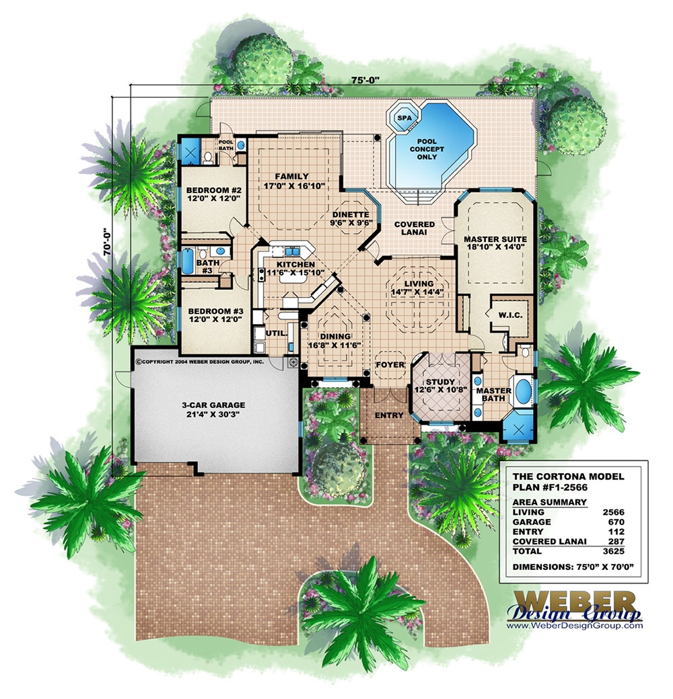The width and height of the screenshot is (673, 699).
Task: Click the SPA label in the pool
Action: pyautogui.click(x=404, y=118)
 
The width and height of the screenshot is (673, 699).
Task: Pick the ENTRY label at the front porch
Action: pyautogui.click(x=388, y=415)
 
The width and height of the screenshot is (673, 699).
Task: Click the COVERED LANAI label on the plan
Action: pyautogui.click(x=414, y=229)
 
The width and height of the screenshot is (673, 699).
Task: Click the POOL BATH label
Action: pyautogui.click(x=225, y=146)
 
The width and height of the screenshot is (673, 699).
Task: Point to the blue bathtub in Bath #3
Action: pyautogui.click(x=186, y=262)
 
